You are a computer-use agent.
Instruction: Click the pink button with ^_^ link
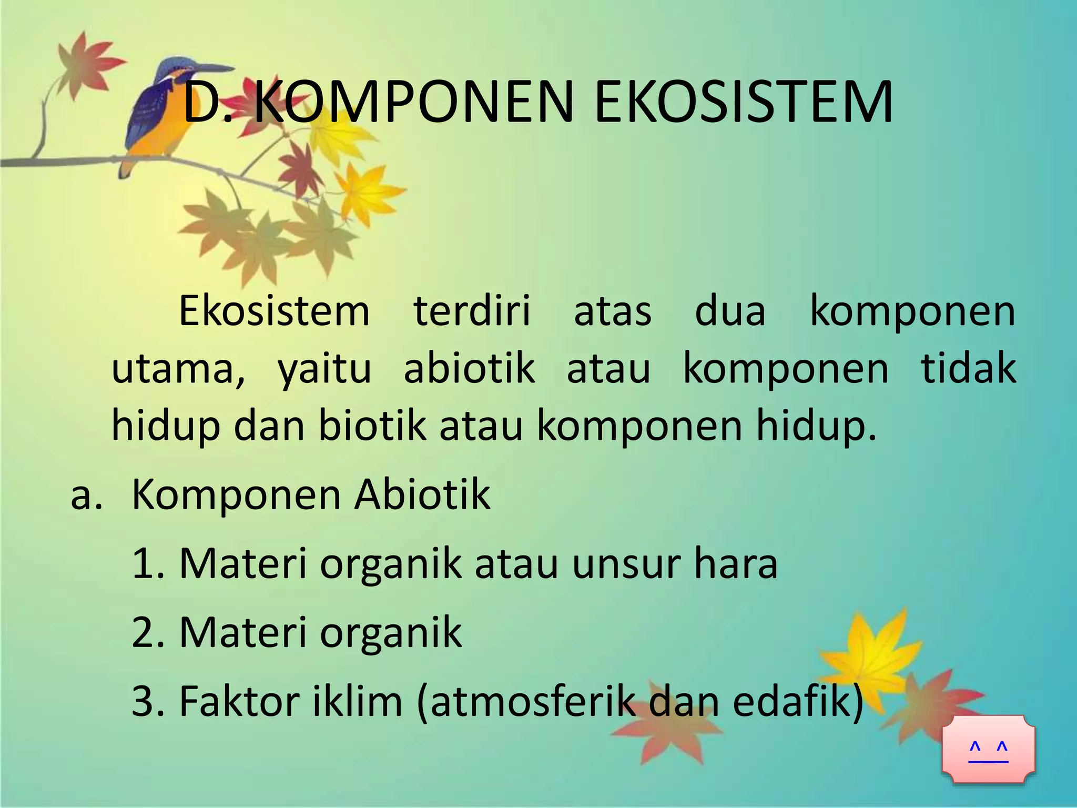(988, 749)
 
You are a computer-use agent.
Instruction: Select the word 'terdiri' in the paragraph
(472, 311)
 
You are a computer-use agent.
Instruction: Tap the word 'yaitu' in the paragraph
(324, 369)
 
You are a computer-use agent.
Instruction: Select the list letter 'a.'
(86, 496)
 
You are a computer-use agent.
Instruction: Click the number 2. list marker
(149, 632)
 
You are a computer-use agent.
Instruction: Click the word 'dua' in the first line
(730, 311)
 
